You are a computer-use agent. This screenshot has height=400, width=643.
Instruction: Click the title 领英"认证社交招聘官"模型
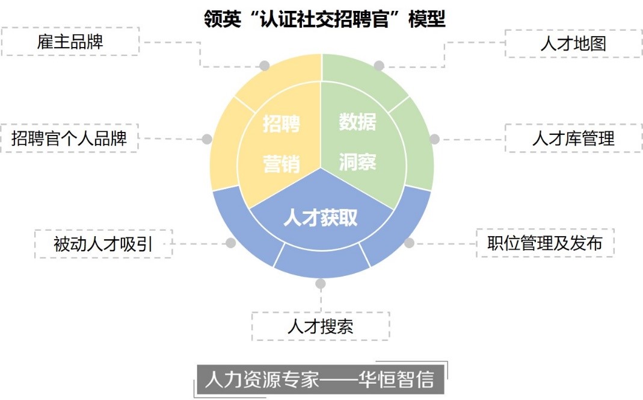(x=325, y=19)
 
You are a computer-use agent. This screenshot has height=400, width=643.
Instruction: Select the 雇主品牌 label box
(x=70, y=42)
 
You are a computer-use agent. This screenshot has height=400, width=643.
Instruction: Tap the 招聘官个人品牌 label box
(x=69, y=138)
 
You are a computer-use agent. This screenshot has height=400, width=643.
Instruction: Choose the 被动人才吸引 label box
(x=103, y=244)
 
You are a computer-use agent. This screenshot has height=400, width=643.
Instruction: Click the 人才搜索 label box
(x=320, y=327)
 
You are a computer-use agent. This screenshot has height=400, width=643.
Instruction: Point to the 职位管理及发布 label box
(x=545, y=243)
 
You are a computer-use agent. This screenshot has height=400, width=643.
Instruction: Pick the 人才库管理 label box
(x=573, y=138)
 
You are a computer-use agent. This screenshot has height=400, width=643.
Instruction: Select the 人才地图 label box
(x=573, y=43)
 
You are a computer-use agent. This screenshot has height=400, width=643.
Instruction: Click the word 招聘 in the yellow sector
(x=282, y=124)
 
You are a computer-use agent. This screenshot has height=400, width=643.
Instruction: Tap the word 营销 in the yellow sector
(x=282, y=163)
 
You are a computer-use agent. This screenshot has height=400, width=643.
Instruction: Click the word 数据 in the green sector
(x=357, y=122)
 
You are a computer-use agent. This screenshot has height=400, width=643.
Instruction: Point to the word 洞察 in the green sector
(x=357, y=161)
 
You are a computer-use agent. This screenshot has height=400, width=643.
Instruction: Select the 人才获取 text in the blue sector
(x=321, y=217)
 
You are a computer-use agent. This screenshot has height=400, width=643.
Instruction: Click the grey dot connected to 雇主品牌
(x=264, y=66)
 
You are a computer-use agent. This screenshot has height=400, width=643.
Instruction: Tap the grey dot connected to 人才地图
(x=378, y=66)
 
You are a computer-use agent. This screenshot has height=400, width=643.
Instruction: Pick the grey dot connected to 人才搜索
(x=321, y=283)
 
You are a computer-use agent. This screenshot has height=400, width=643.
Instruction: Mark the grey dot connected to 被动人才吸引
(x=230, y=243)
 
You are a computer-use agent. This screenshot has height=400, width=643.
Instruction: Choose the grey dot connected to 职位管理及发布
(x=410, y=243)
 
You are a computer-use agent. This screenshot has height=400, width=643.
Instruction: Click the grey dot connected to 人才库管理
(x=434, y=139)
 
